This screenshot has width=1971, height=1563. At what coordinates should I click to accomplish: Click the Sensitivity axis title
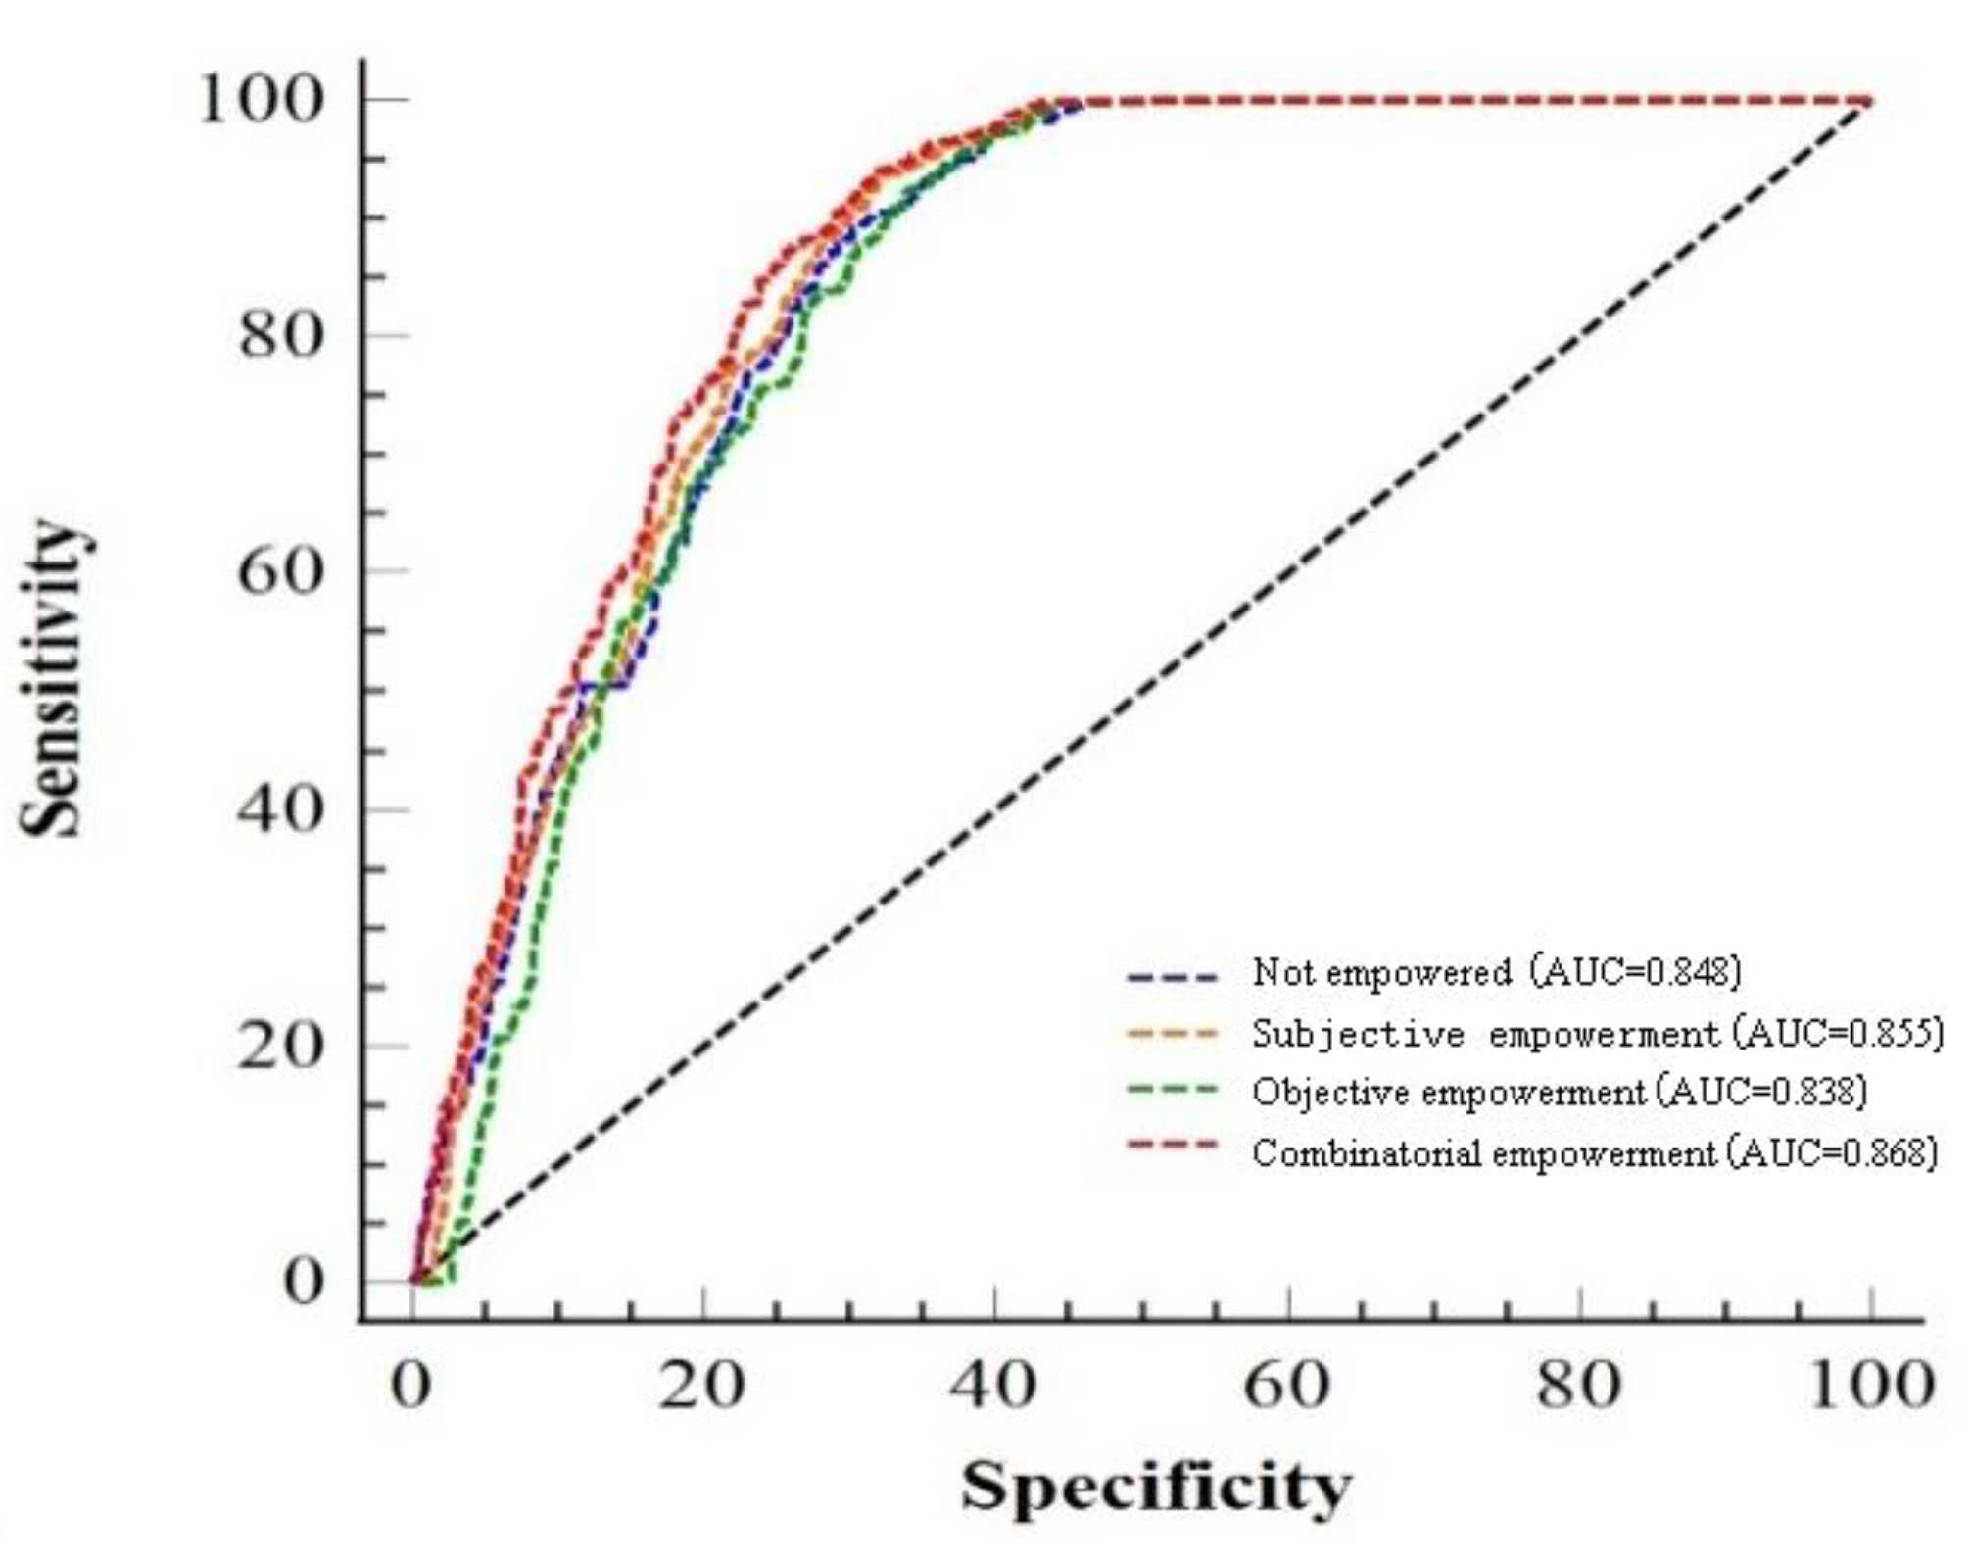coord(57,678)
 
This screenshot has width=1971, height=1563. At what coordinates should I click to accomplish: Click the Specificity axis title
coord(1155,1487)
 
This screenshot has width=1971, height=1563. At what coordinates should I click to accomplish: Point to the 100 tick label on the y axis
coord(261,100)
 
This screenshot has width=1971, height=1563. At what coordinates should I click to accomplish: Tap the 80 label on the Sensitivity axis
coord(280,335)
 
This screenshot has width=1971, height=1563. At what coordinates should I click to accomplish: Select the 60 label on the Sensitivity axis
coord(280,570)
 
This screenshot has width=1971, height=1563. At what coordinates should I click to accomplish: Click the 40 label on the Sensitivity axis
coord(280,809)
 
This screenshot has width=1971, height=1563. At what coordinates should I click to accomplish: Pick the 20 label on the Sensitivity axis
coord(280,1046)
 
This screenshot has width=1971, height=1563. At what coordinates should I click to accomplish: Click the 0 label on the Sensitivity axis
coord(303,1281)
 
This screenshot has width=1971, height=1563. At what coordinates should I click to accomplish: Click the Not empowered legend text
coord(1381,972)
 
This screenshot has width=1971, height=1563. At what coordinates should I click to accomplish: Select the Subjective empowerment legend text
coord(1485,1033)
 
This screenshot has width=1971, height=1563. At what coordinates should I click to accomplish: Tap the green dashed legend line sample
coord(1172,1090)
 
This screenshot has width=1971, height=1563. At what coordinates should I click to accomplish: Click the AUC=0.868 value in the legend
coord(1834,1152)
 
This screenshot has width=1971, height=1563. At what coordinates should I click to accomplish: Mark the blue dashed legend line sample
coord(1172,976)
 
